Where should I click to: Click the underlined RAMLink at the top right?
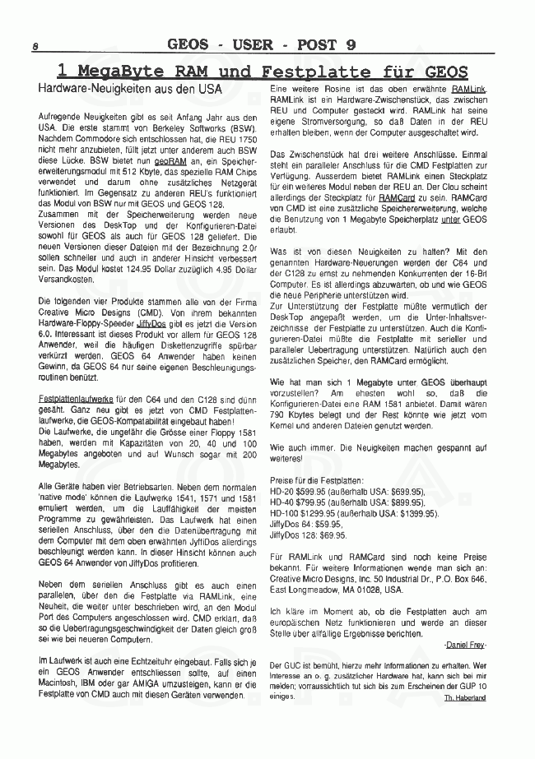pyautogui.click(x=468, y=87)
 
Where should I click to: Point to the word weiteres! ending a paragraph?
pyautogui.click(x=288, y=458)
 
